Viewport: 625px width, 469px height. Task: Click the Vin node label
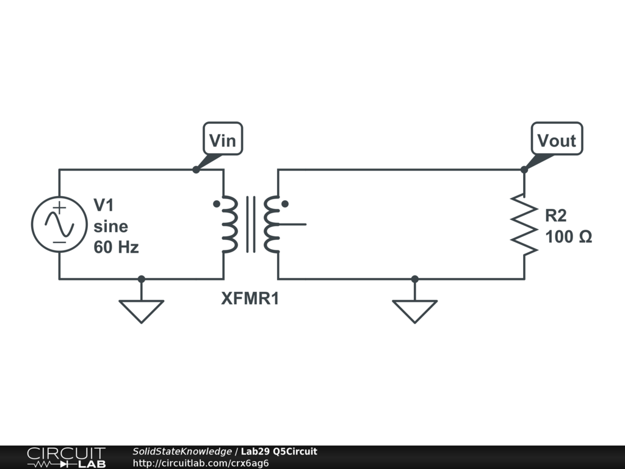click(222, 141)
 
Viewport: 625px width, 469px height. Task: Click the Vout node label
click(556, 141)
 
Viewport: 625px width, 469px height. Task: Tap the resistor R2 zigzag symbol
click(524, 224)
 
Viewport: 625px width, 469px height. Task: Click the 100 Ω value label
click(568, 237)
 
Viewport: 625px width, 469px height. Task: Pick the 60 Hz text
click(116, 247)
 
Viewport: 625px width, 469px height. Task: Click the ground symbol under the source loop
click(141, 310)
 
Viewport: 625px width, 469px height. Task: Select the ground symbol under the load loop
click(414, 310)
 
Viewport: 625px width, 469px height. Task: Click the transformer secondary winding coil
click(272, 225)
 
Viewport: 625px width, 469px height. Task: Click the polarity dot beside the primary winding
click(216, 204)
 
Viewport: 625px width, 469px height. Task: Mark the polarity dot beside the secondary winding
click(284, 204)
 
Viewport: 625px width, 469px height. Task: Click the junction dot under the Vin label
click(196, 169)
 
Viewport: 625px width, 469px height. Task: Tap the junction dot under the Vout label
click(524, 169)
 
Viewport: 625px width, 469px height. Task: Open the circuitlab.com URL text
click(201, 463)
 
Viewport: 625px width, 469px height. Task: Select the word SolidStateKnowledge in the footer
click(182, 452)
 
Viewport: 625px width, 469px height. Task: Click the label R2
click(556, 215)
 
